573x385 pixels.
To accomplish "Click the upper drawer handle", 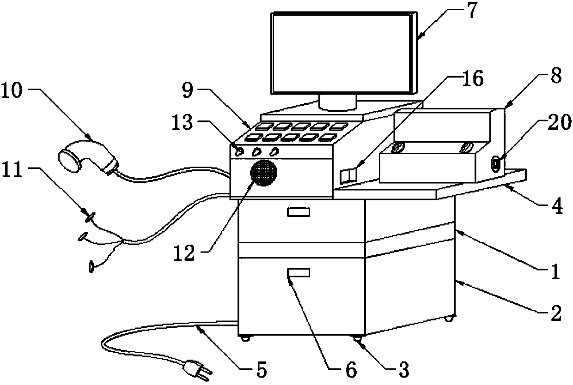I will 299,212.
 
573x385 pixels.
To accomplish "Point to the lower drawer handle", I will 299,273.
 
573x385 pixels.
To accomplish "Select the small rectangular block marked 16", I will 348,176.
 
